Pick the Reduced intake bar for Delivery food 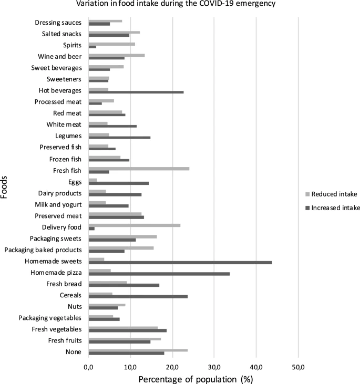[x=135, y=225]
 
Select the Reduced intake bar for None [x=138, y=350]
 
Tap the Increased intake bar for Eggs [x=119, y=183]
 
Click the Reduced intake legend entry [x=331, y=194]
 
